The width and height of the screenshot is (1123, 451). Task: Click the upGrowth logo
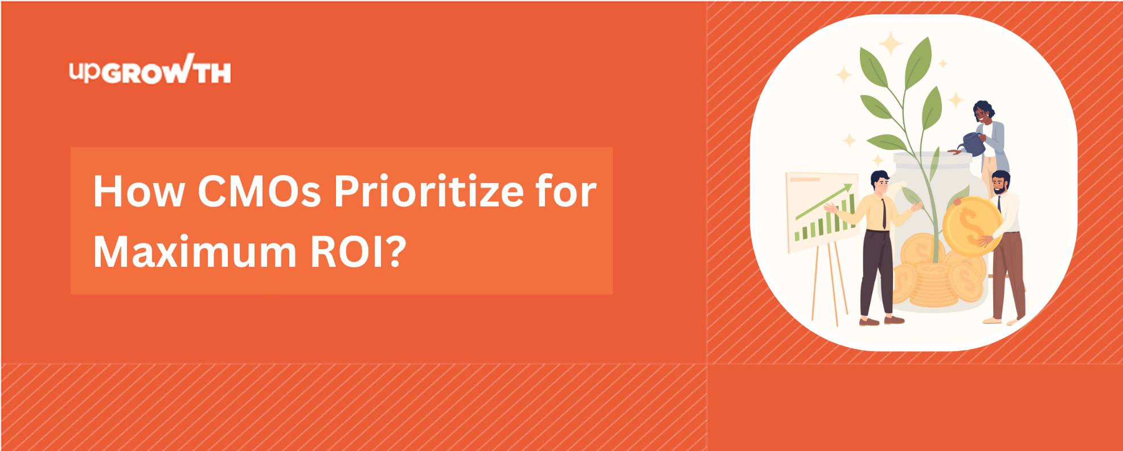click(150, 70)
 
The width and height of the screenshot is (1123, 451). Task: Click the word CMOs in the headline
click(260, 191)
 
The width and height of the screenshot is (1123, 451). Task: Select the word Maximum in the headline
click(195, 252)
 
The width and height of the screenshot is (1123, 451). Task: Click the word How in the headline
click(139, 191)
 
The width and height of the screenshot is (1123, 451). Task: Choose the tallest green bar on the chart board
click(853, 210)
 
